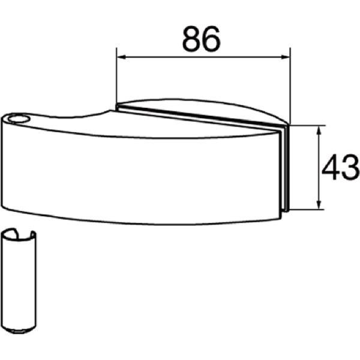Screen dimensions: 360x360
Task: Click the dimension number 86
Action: point(202,38)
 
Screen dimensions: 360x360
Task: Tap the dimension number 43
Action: point(341,167)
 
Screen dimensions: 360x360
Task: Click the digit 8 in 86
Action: point(191,38)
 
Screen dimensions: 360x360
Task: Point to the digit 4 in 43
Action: point(331,167)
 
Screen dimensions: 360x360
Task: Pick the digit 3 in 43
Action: point(350,167)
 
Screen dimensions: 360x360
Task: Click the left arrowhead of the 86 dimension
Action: point(122,57)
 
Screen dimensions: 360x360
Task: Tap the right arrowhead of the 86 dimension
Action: point(285,57)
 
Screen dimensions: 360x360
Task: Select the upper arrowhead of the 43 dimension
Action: point(319,130)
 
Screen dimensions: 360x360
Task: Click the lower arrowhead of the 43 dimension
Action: point(319,205)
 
